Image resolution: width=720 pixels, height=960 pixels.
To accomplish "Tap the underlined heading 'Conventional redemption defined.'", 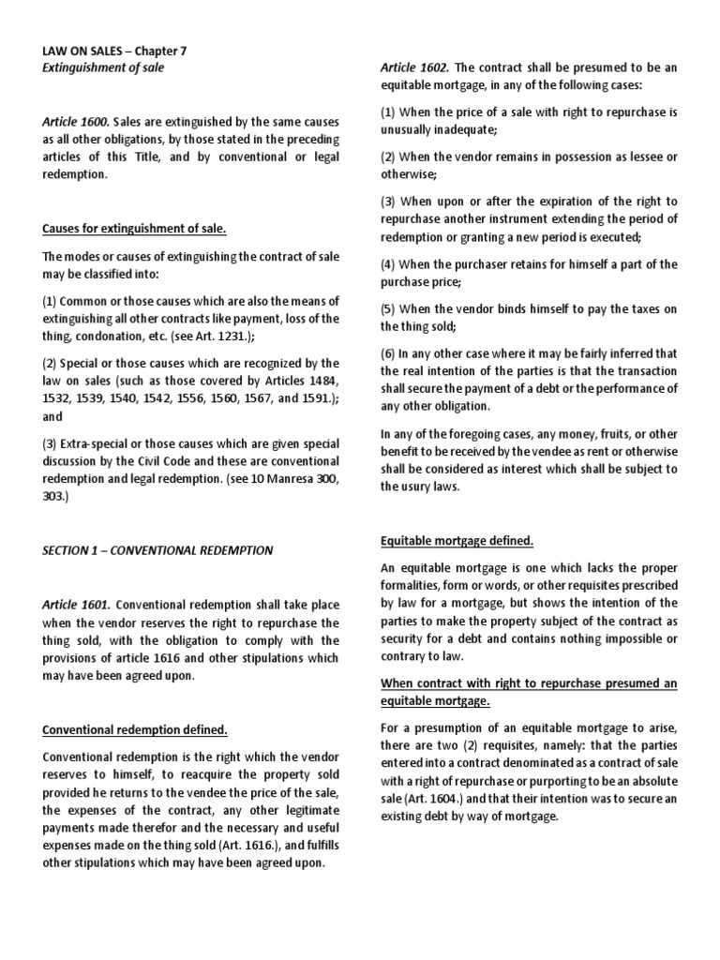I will click(x=135, y=728).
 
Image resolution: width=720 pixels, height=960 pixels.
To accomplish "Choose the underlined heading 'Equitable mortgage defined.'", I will click(x=457, y=541).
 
